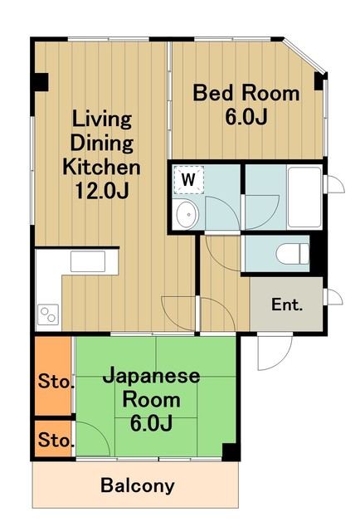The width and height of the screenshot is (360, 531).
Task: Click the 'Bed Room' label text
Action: click(246, 92)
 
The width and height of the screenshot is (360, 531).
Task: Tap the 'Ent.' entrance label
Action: click(287, 304)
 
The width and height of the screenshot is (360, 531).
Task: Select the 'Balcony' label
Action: click(138, 485)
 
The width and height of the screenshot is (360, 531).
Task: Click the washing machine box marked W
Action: click(189, 178)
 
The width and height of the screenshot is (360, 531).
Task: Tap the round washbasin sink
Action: click(187, 215)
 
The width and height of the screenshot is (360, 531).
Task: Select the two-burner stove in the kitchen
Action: click(47, 316)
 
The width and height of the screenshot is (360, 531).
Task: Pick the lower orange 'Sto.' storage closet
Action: click(54, 438)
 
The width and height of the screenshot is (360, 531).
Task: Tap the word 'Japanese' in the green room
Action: click(151, 376)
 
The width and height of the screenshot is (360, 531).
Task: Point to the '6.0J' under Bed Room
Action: click(246, 116)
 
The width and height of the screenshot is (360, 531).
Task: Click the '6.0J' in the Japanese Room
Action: click(151, 424)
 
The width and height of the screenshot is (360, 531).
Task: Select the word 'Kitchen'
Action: click(102, 166)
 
